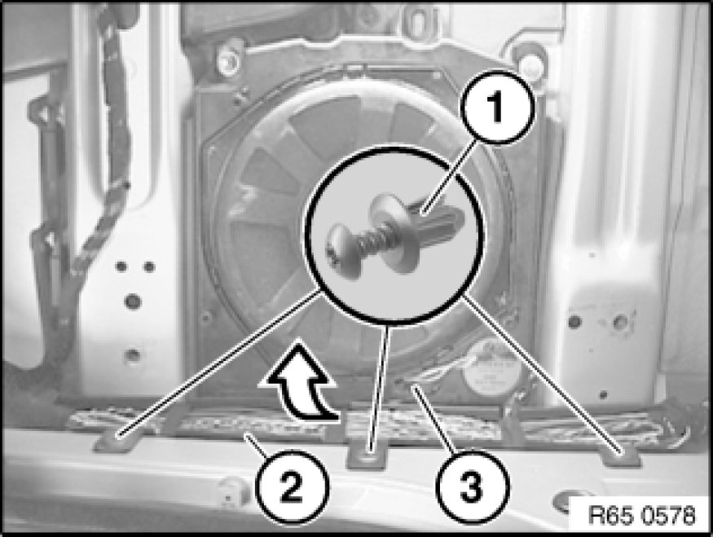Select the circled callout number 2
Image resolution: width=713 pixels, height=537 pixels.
291,486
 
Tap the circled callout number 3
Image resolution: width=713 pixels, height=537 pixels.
472,486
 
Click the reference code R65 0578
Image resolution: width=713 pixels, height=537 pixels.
641,515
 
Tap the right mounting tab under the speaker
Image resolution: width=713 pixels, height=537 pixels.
621,455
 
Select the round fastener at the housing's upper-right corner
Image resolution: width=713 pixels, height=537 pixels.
528,60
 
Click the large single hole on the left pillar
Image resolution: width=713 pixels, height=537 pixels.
133,301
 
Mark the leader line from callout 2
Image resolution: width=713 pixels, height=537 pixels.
256,445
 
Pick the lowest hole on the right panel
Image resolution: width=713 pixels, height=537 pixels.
603,394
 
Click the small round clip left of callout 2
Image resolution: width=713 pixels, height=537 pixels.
231,491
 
